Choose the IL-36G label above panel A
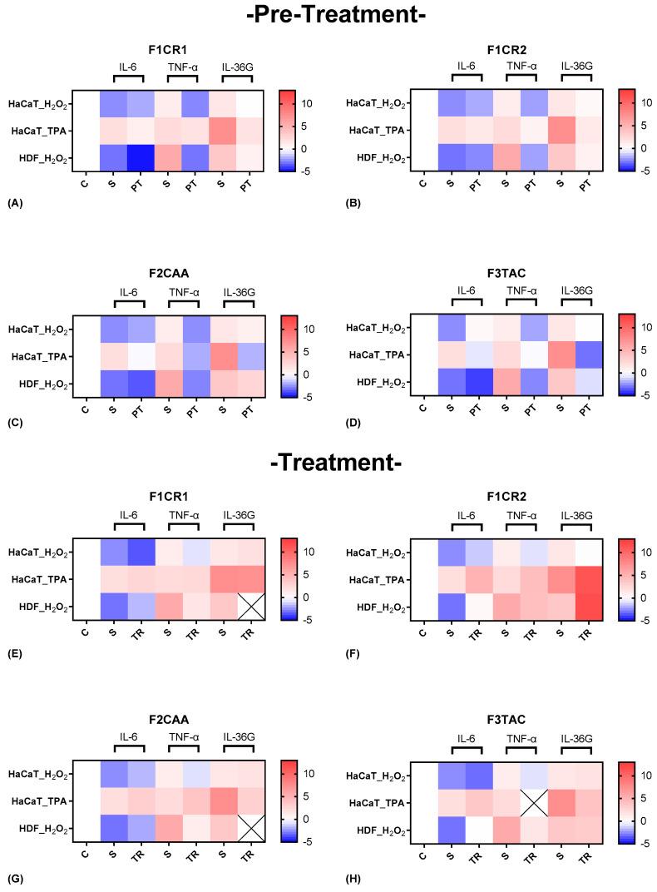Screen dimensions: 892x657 [235, 67]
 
